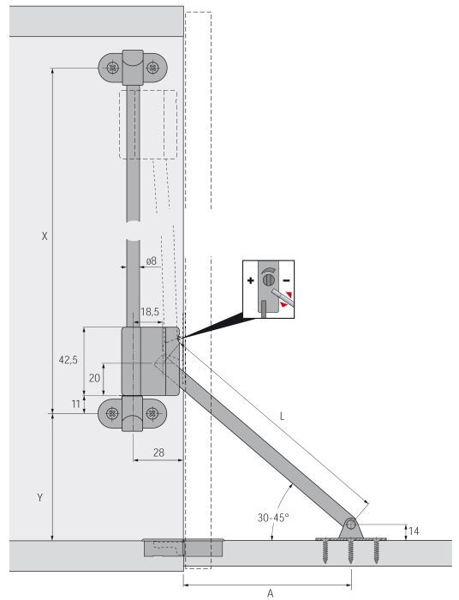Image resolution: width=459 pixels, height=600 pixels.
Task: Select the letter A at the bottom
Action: [270, 591]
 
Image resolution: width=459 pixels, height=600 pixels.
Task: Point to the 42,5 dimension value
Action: [69, 360]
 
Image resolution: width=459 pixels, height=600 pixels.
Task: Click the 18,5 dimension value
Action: [149, 312]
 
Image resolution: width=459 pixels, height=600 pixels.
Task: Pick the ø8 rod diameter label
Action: [151, 260]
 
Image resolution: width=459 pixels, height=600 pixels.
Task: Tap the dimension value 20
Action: [95, 377]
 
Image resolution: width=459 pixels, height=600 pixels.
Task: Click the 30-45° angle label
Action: [273, 519]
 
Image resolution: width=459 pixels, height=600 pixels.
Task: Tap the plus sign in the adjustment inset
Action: [251, 281]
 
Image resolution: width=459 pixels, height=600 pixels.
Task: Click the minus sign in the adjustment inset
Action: [286, 281]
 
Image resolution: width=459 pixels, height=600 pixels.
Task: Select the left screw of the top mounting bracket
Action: [112, 66]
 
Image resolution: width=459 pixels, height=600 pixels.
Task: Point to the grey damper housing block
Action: [147, 360]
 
